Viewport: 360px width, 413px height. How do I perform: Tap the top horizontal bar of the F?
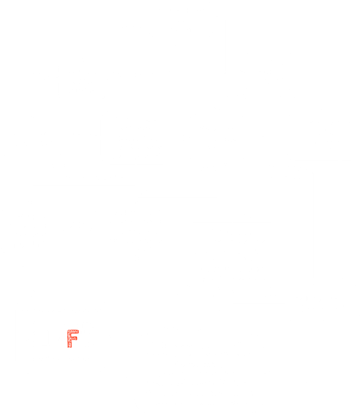click(73, 331)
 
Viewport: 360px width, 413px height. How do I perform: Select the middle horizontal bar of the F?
click(72, 338)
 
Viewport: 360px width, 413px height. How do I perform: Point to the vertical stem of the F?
click(70, 339)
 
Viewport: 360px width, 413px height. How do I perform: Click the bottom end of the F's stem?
click(70, 347)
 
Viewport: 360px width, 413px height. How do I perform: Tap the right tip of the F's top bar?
click(78, 331)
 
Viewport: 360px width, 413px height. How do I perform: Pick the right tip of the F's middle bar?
click(77, 338)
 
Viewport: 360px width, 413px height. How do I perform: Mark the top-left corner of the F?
click(68, 330)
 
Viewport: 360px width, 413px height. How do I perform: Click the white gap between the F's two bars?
click(75, 335)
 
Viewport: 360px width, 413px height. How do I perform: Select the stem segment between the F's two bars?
click(70, 335)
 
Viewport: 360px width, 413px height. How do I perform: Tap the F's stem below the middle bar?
click(70, 344)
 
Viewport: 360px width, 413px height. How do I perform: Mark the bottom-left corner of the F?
click(68, 347)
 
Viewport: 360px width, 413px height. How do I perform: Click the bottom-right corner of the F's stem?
click(71, 347)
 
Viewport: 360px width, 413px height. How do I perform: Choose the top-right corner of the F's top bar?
click(78, 330)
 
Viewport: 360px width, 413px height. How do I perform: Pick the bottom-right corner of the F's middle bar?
click(77, 340)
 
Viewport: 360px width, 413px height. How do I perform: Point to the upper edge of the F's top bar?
click(73, 330)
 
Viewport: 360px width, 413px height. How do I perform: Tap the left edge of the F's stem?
click(68, 339)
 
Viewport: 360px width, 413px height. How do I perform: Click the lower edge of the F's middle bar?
click(75, 340)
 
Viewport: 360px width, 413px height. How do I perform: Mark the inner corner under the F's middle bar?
click(71, 340)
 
